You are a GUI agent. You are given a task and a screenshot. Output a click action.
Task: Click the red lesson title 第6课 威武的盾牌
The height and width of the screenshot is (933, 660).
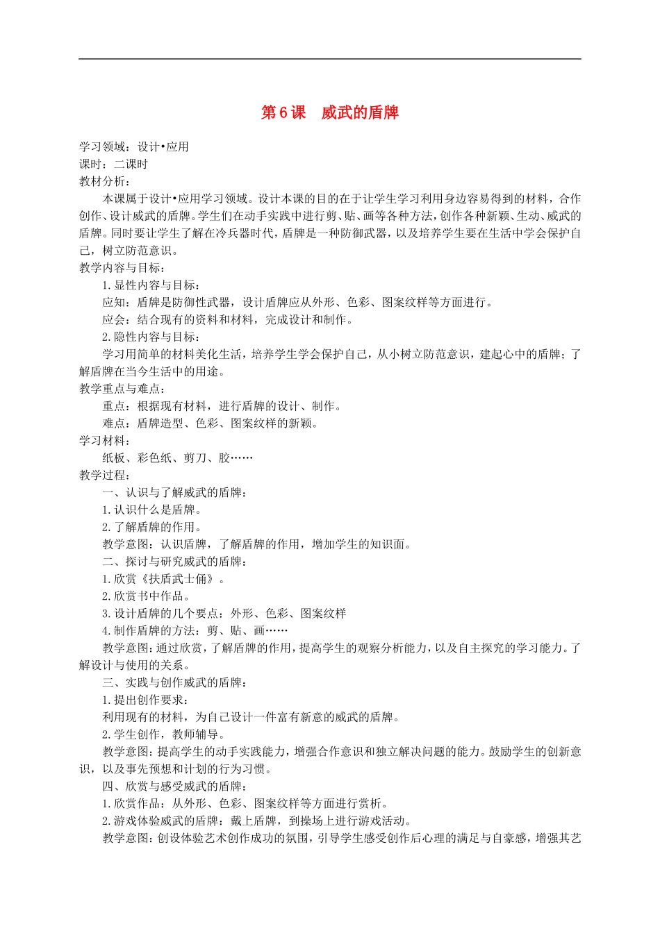(x=329, y=112)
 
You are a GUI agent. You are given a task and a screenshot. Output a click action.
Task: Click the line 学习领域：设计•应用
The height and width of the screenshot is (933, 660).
(x=133, y=146)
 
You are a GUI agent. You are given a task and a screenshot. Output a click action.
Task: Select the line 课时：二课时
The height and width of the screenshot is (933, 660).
(x=113, y=164)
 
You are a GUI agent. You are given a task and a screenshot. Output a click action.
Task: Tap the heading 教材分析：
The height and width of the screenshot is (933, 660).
(x=104, y=181)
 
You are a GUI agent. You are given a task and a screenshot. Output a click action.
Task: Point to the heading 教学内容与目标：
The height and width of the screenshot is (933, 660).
(x=122, y=267)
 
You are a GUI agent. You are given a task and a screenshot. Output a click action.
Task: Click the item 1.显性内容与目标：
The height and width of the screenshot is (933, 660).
(x=151, y=285)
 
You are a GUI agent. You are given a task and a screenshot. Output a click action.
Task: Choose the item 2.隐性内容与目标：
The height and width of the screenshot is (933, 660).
(x=151, y=337)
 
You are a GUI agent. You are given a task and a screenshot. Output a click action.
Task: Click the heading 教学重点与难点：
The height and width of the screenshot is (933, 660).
(x=122, y=389)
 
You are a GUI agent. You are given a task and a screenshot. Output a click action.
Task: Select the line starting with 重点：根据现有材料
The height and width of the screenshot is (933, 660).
(x=222, y=406)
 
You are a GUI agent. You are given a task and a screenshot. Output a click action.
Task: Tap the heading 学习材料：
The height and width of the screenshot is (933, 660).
(x=104, y=441)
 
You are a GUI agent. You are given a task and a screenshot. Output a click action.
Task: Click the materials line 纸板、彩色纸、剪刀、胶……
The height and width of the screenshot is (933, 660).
(x=177, y=457)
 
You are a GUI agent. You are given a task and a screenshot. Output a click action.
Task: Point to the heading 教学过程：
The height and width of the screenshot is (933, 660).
(x=104, y=475)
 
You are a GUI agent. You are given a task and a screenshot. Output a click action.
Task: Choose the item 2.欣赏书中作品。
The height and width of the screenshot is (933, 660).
(x=147, y=596)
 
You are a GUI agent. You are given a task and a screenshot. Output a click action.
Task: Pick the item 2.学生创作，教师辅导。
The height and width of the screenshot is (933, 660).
(x=164, y=734)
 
